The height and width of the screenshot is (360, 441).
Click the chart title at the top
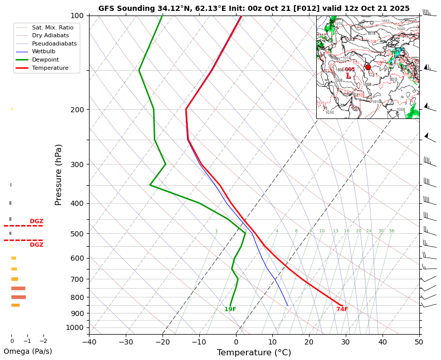click(254, 8)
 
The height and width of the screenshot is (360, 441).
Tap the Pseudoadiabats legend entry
click(54, 43)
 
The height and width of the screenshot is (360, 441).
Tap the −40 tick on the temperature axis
click(89, 341)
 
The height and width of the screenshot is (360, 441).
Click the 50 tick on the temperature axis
click(419, 341)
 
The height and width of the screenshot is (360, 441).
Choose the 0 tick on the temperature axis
click(236, 341)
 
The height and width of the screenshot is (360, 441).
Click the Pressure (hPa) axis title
click(58, 174)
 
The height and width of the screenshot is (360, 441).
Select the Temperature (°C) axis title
click(254, 353)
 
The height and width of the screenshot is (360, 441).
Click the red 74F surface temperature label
click(342, 309)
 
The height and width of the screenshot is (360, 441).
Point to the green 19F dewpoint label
click(230, 309)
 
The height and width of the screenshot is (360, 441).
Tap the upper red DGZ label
click(36, 221)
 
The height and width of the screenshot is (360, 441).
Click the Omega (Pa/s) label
click(28, 351)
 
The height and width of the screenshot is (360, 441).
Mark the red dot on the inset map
click(368, 67)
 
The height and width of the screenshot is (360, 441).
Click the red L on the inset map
click(348, 76)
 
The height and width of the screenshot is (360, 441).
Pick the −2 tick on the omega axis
click(43, 341)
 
